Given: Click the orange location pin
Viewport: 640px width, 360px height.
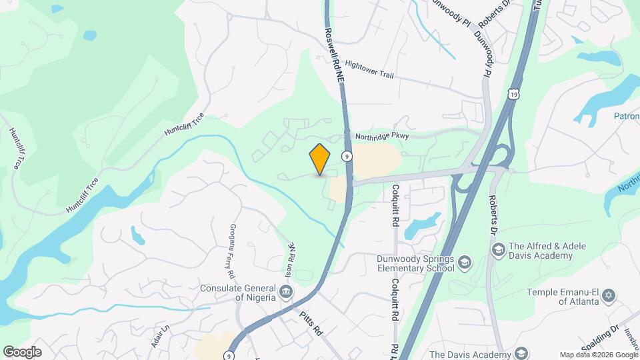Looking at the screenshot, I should coord(320,159).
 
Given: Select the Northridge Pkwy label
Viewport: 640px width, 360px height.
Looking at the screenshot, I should coord(381,135).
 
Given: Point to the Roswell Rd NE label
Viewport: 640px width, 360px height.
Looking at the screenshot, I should coord(335,53).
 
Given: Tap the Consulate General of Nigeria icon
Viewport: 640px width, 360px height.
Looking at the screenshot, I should coord(285,290).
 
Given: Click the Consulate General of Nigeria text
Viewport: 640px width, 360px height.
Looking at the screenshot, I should coord(238,293).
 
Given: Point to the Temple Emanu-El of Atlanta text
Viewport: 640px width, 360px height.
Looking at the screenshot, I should coord(563,296).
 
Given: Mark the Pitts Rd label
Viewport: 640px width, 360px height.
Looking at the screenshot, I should coord(312,321).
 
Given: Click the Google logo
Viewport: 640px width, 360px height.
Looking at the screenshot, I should coord(22,351).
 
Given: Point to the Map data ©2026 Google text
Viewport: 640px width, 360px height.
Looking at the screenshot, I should coord(598,355).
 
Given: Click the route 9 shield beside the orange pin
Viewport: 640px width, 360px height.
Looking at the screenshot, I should coord(347,156).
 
